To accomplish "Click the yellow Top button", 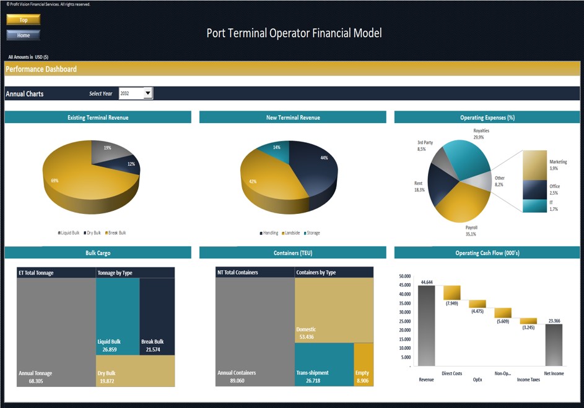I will point(23,20).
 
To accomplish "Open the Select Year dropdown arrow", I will point(147,93).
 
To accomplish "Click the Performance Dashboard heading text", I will point(41,69).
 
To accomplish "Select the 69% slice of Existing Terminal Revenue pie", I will point(68,182).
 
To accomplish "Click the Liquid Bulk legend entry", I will point(69,233).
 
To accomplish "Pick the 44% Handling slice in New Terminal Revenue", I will point(316,167).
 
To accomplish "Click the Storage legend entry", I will point(312,233).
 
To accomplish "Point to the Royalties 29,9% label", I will point(481,134).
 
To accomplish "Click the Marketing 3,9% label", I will point(558,165).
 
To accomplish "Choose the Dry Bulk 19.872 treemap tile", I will point(135,371).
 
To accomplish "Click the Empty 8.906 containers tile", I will point(363,365).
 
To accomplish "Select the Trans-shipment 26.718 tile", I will point(323,365).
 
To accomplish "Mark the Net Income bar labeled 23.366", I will point(554,345).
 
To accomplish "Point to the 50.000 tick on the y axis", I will point(405,276).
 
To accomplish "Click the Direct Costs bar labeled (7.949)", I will point(452,293).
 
